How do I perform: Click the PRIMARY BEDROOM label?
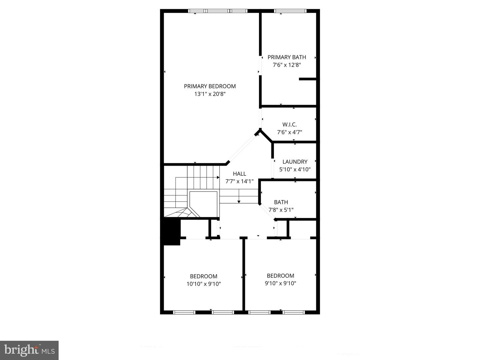(210, 86)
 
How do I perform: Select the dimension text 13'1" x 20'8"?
(210, 94)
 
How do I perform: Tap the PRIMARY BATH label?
(287, 57)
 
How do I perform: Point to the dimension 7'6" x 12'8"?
(287, 65)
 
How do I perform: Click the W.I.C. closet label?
(289, 124)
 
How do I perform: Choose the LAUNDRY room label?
(295, 162)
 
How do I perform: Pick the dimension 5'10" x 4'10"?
(295, 169)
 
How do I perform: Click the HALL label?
(239, 174)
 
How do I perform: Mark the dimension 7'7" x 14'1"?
(239, 181)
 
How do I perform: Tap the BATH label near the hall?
(281, 202)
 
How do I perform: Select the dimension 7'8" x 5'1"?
(281, 210)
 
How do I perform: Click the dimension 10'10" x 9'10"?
(203, 284)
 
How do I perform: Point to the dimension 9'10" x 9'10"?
(280, 283)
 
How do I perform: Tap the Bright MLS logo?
(29, 350)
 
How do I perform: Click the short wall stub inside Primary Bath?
(307, 79)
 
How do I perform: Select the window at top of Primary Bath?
(290, 11)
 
